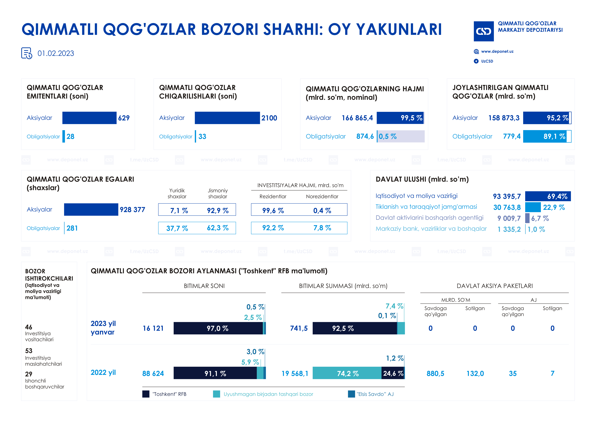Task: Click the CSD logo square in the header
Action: [483, 31]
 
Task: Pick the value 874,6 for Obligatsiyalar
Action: [365, 136]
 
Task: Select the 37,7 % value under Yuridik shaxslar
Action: [177, 228]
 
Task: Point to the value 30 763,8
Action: [507, 207]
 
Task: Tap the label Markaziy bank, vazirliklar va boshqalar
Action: [431, 229]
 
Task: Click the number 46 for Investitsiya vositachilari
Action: [29, 327]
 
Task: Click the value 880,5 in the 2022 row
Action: [435, 373]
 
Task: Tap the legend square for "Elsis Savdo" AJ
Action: [351, 394]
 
